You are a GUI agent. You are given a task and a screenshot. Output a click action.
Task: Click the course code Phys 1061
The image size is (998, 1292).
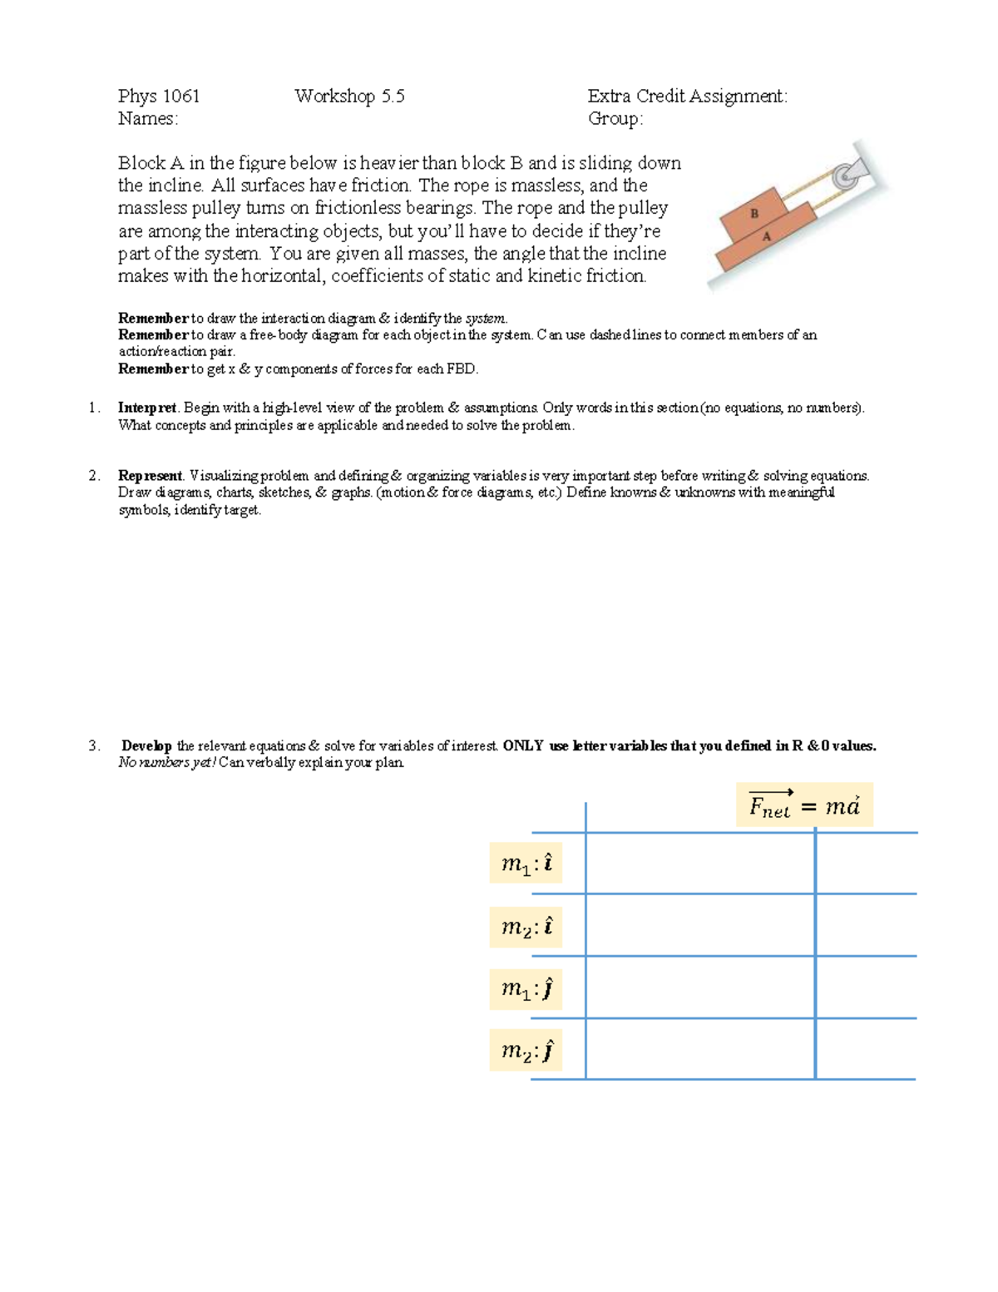point(159,97)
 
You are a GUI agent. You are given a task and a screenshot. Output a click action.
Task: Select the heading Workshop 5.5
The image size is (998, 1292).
point(349,97)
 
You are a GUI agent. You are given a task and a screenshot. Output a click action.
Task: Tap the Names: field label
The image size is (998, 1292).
point(148,119)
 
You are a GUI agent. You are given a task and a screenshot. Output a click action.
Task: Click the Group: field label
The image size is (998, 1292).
point(615,119)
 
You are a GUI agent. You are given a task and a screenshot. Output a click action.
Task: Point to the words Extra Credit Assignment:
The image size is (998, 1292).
point(687,97)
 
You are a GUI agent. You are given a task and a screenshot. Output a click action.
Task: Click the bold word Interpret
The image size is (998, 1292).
point(147,408)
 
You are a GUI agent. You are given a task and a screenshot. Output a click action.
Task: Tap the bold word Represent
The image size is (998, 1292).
point(150,476)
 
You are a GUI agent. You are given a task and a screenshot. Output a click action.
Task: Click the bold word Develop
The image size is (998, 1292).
point(146,746)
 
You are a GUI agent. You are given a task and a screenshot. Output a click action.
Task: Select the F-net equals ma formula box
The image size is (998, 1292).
point(804,805)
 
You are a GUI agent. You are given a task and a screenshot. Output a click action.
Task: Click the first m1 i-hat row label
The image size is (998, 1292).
point(526,865)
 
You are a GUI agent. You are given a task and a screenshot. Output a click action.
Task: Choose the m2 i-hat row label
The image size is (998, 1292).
point(526,928)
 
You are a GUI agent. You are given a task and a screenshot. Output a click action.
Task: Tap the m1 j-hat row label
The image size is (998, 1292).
point(526,989)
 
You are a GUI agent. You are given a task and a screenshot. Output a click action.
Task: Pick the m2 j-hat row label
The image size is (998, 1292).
point(526,1052)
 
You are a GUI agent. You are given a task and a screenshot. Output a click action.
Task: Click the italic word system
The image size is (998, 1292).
point(485,319)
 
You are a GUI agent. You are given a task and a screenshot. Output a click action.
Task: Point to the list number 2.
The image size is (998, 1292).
point(94,476)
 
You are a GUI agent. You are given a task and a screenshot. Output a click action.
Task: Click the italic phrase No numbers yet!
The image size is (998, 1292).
point(166,763)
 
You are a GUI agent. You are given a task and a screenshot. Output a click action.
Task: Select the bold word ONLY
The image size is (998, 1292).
point(523,746)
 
